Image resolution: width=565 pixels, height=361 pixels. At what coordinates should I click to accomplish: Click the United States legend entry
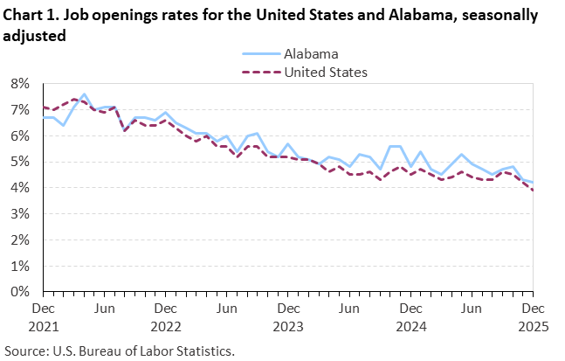pyautogui.click(x=326, y=72)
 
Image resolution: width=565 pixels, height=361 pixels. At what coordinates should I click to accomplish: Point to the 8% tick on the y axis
pyautogui.click(x=20, y=84)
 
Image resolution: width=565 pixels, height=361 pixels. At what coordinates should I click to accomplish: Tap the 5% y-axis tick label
pyautogui.click(x=20, y=162)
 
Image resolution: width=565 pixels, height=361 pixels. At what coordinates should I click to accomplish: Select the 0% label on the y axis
pyautogui.click(x=20, y=292)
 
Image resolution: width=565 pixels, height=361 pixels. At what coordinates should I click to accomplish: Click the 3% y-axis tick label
pyautogui.click(x=20, y=214)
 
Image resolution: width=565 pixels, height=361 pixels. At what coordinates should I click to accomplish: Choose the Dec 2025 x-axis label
pyautogui.click(x=533, y=316)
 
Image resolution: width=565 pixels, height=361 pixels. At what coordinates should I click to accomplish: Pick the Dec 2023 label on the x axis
pyautogui.click(x=287, y=316)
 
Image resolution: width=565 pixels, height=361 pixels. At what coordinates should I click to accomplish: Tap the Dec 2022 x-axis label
pyautogui.click(x=165, y=316)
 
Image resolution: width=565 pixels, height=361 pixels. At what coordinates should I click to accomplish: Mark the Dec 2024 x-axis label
pyautogui.click(x=410, y=316)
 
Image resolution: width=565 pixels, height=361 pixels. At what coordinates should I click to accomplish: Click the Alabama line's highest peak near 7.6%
pyautogui.click(x=84, y=94)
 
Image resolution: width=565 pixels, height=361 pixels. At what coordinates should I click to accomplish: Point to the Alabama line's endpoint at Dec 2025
pyautogui.click(x=533, y=183)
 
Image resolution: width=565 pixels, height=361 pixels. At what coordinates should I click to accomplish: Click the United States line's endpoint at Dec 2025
pyautogui.click(x=533, y=191)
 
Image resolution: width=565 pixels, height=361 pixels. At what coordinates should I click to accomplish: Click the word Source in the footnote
pyautogui.click(x=26, y=351)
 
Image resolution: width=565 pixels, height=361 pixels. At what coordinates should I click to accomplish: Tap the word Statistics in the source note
pyautogui.click(x=207, y=351)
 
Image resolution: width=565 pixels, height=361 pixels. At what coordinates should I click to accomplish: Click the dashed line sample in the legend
pyautogui.click(x=259, y=72)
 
